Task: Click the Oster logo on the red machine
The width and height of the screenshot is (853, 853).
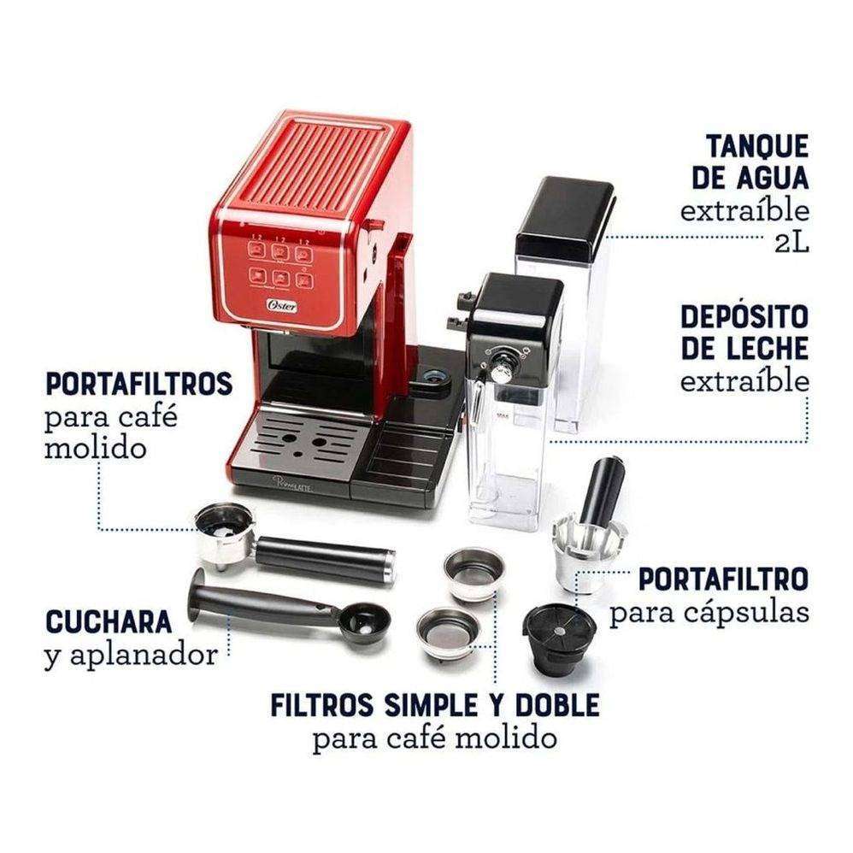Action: (282, 305)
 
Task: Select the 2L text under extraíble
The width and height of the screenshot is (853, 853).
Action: (791, 243)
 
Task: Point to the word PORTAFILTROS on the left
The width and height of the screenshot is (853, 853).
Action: (138, 384)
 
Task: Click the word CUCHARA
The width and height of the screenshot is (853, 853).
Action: (109, 621)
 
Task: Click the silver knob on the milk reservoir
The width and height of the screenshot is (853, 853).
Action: (499, 374)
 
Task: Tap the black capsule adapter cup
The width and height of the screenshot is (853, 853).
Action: (559, 638)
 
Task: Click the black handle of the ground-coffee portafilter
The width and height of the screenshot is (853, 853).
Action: (326, 559)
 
